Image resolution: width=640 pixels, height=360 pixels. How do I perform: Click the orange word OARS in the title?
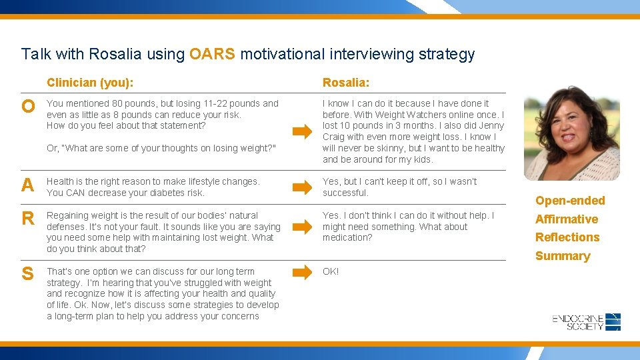coord(212,54)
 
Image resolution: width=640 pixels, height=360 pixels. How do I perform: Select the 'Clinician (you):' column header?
coord(89,83)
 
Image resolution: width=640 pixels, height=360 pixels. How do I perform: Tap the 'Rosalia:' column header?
coord(346,83)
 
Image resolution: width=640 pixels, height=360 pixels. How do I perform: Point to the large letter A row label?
coord(27,185)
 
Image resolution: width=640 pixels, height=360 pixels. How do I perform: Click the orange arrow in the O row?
coord(302,132)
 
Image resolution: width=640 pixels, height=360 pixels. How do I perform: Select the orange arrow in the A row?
coord(302,187)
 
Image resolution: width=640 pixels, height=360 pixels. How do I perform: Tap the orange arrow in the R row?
coord(302,227)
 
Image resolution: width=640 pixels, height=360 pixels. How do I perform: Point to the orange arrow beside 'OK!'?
coord(302,272)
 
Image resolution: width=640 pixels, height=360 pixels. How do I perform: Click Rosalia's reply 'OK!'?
coord(331,271)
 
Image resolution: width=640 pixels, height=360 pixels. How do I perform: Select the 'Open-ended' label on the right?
coord(570,201)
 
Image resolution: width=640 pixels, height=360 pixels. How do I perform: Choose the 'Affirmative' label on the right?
coord(567,219)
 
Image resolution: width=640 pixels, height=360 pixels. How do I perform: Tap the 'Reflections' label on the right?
coord(567,237)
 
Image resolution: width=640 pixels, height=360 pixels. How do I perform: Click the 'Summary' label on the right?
coord(563,256)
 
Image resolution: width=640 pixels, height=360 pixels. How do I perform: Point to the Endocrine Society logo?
coord(587,322)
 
